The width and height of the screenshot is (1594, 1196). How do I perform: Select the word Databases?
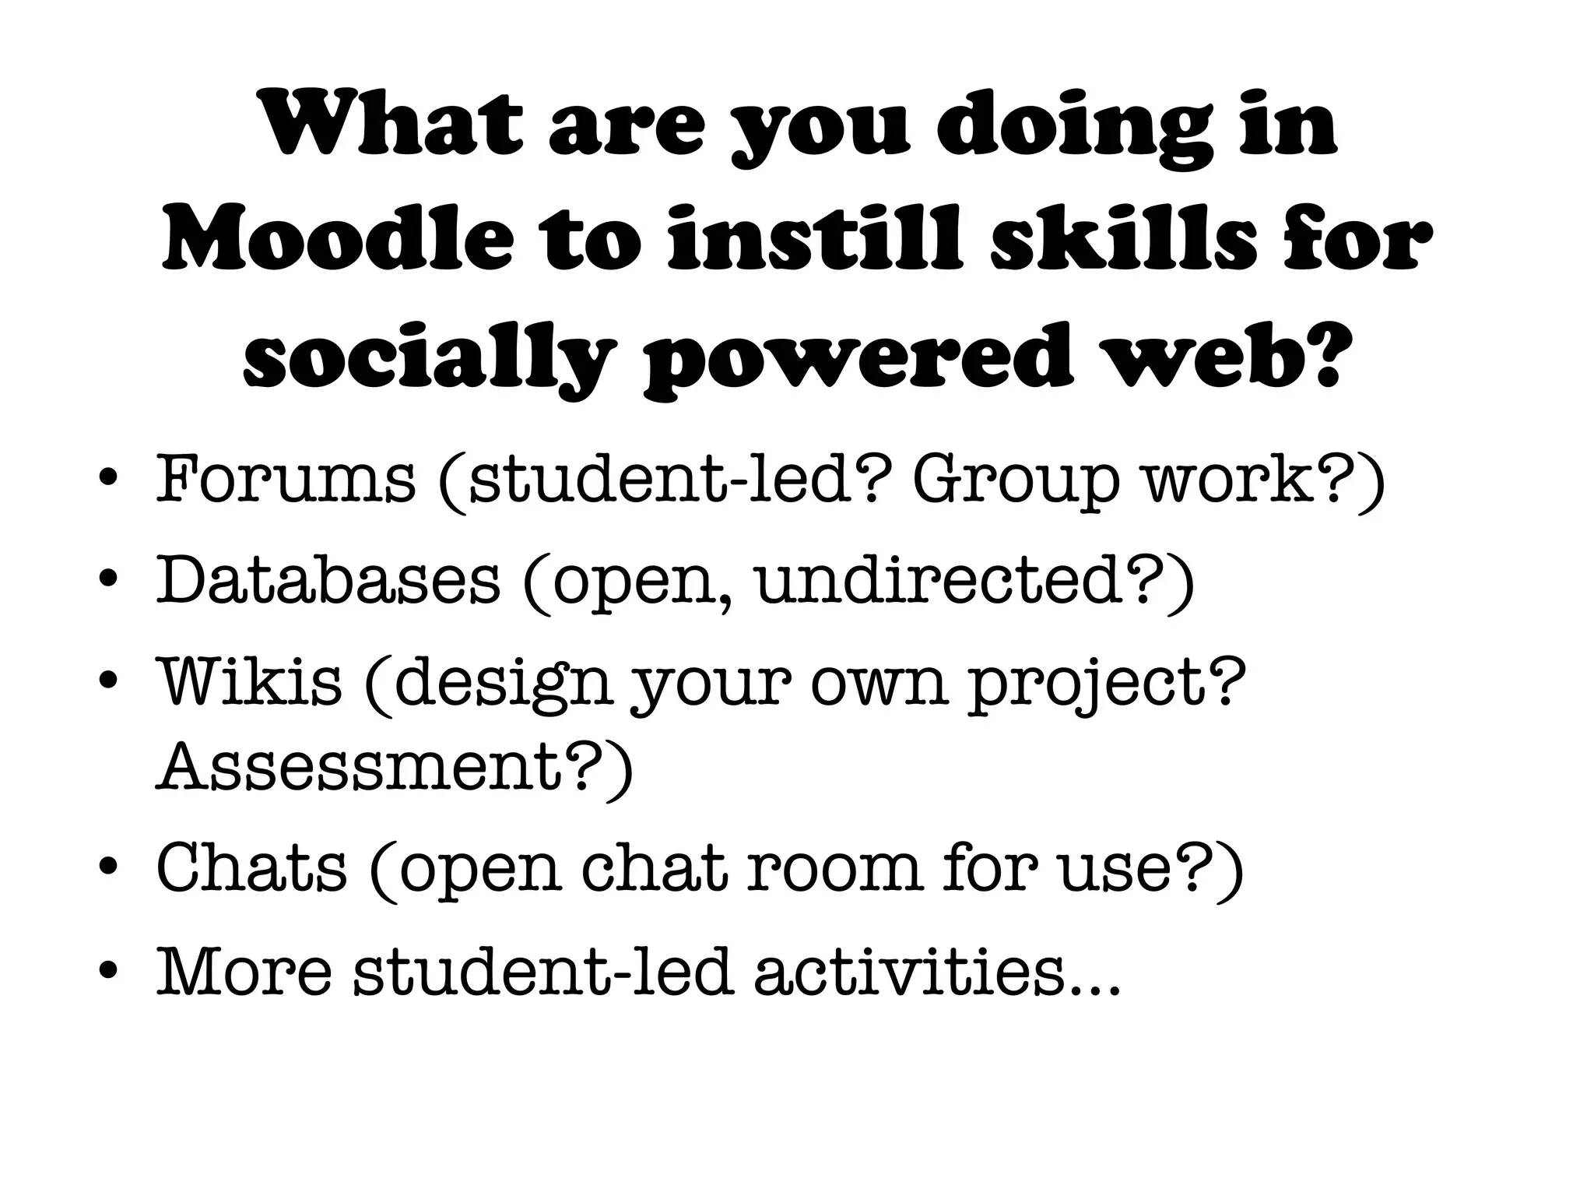[328, 580]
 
